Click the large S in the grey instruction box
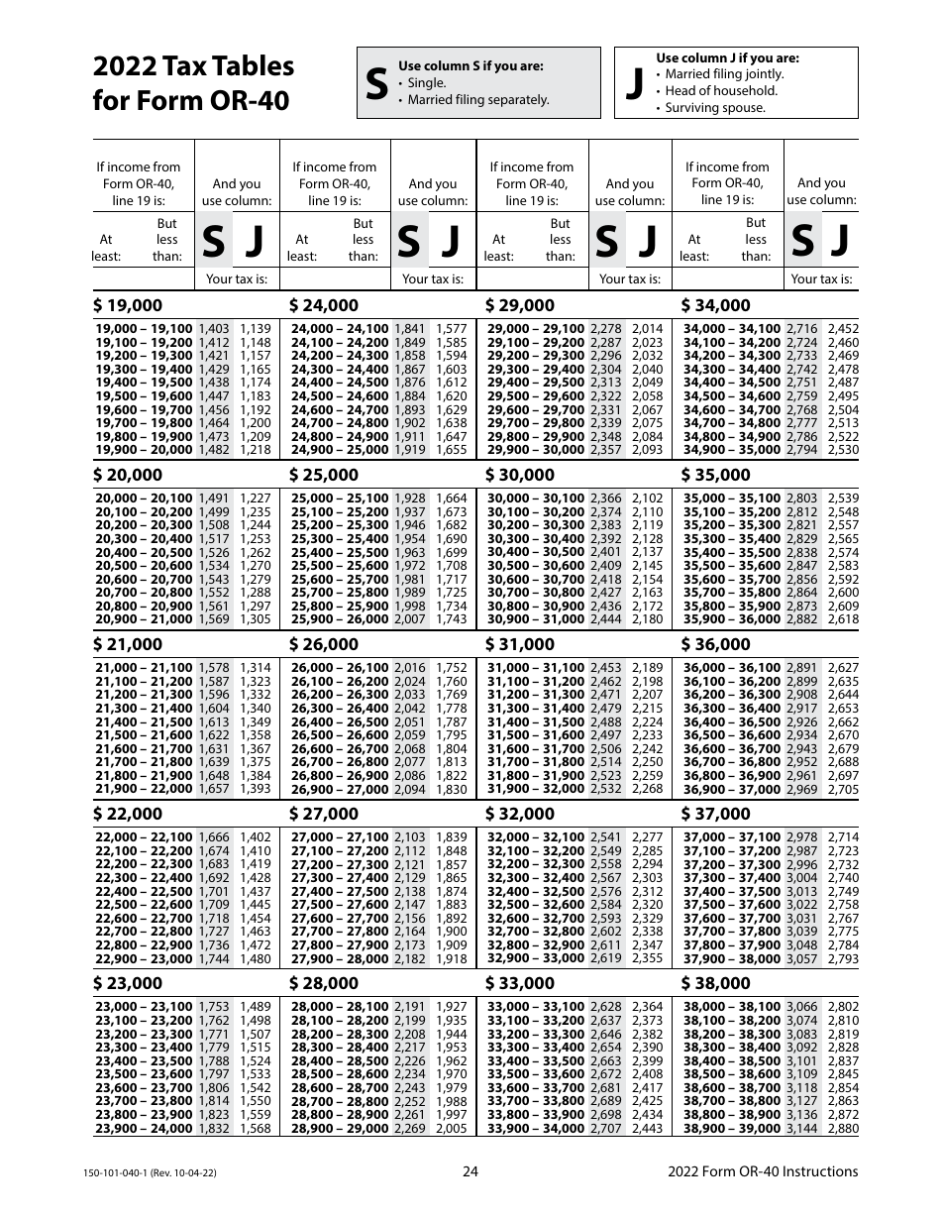coord(376,86)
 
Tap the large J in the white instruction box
coord(635,86)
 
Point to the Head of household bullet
coord(721,91)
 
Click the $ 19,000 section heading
coord(129,305)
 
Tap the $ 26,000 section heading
coord(324,644)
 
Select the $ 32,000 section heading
coord(520,814)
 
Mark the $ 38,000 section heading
coord(716,983)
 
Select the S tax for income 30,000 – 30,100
coord(606,499)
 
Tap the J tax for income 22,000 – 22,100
coord(255,837)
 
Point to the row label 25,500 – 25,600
coord(340,566)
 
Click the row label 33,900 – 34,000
coord(536,1128)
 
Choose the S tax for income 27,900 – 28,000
coord(410,958)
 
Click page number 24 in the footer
coord(470,1172)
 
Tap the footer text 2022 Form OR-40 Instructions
coord(763,1172)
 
